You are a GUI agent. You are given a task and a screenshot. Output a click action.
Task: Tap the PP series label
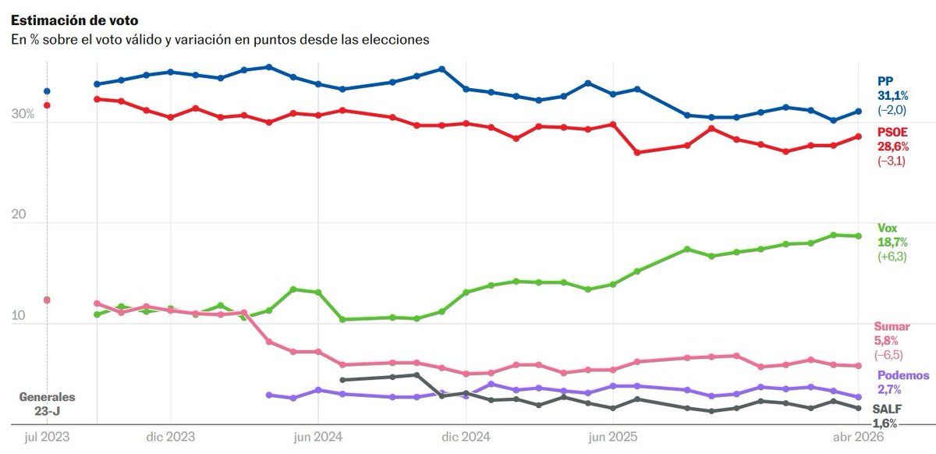(885, 80)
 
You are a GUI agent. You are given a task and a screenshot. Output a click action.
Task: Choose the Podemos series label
(903, 375)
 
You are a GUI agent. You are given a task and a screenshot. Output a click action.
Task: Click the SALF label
(885, 409)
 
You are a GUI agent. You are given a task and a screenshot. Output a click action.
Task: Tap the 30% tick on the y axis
(23, 115)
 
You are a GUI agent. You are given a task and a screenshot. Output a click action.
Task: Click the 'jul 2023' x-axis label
(48, 437)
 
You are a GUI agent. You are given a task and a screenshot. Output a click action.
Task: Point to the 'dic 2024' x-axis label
(465, 437)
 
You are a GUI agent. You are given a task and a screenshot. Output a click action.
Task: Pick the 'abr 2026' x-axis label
(858, 437)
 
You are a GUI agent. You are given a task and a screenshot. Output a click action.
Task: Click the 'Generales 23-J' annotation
(47, 403)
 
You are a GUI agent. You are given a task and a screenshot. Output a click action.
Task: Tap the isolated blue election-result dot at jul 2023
(47, 91)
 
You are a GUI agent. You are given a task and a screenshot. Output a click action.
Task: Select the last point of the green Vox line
(858, 236)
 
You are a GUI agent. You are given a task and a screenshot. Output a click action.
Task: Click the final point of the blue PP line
(858, 112)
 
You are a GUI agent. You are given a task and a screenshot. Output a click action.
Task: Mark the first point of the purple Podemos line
(269, 395)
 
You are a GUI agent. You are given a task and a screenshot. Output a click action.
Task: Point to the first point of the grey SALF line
(342, 380)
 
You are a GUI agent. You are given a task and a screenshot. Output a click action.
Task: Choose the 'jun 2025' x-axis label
(612, 437)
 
